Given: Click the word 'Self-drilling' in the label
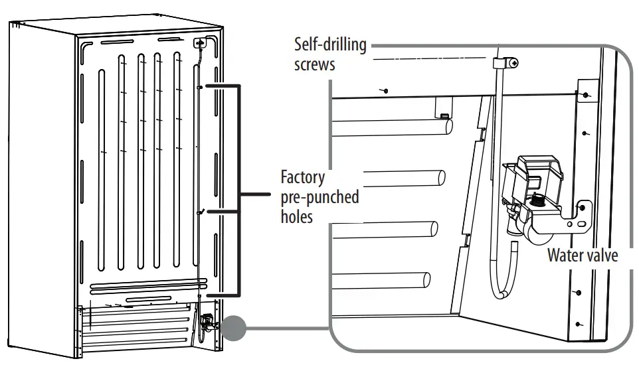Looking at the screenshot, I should (330, 45).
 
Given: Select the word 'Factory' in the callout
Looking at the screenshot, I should (302, 178).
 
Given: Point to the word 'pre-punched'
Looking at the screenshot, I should (319, 197).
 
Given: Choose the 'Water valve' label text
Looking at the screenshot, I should (582, 256).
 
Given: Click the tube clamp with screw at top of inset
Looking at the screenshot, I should (504, 63).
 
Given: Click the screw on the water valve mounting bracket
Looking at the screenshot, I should (583, 208).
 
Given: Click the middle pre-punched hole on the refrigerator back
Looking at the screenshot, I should (199, 212).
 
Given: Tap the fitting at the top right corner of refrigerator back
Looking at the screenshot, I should (199, 42).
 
